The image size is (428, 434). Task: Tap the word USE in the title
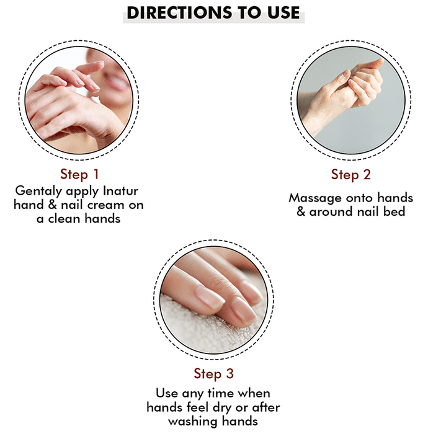point(283,13)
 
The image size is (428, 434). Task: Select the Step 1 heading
point(79,174)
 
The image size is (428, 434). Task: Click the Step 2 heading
point(350,175)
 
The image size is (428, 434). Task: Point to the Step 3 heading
point(214,374)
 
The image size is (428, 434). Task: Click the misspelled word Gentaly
point(38,191)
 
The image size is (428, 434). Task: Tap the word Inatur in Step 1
point(120,191)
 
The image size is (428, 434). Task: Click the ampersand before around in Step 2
point(301,212)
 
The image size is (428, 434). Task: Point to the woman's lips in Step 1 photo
point(118,82)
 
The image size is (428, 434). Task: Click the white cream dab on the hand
point(96,98)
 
